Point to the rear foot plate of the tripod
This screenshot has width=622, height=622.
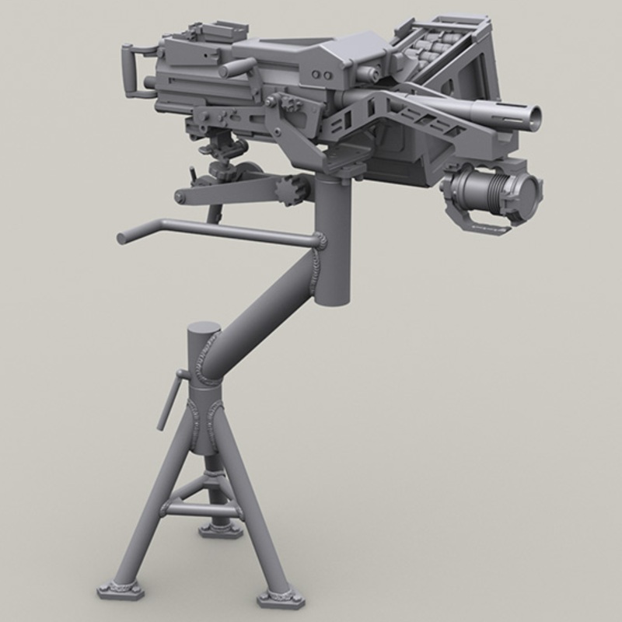pyautogui.click(x=220, y=530)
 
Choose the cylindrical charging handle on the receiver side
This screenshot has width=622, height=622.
pyautogui.click(x=237, y=68)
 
